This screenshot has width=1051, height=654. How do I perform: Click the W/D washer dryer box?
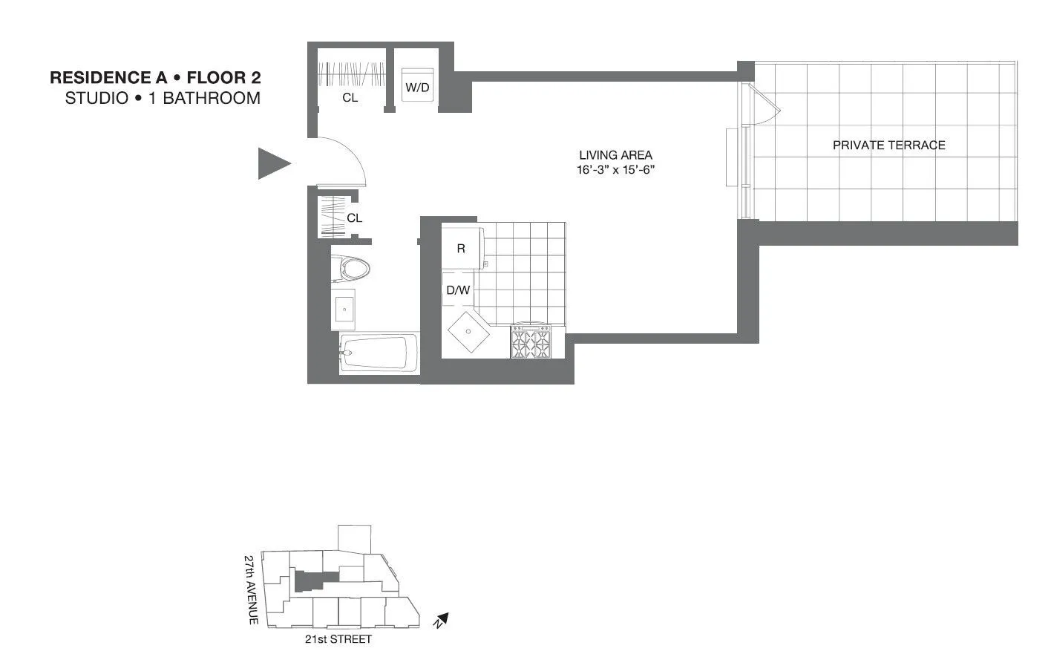(416, 87)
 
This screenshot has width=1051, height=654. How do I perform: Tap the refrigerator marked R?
(462, 249)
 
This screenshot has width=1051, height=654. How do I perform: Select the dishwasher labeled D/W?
(458, 290)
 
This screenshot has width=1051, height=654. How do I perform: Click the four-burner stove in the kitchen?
(531, 342)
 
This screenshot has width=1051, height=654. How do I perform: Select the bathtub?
(376, 353)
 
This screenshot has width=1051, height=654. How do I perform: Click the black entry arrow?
(272, 163)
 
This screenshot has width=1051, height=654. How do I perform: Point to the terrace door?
(764, 105)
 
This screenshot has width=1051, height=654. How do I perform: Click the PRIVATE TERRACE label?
(888, 145)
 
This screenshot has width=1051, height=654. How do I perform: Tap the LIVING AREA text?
(615, 155)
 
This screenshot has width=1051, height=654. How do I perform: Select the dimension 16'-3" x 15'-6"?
(615, 170)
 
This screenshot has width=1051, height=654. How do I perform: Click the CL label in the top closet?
(350, 97)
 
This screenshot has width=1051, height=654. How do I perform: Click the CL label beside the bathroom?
(355, 218)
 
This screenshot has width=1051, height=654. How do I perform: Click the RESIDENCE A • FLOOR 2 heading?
(155, 77)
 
